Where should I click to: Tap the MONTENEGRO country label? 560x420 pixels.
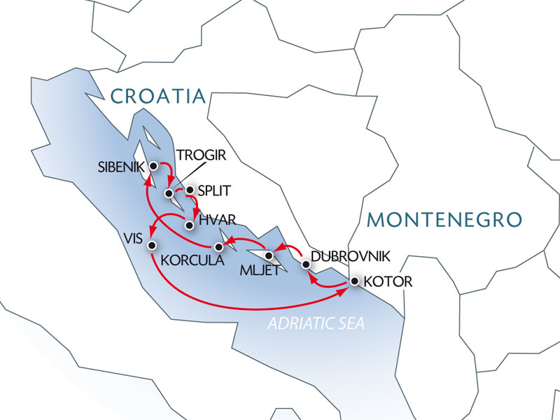444,219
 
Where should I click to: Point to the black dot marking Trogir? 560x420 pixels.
169,192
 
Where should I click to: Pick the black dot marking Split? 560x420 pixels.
189,190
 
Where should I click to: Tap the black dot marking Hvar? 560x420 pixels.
188,225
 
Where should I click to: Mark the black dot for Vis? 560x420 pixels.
153,244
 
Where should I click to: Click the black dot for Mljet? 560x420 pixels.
269,255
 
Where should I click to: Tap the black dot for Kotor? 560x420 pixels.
354,281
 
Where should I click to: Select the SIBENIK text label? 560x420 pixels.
121,167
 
